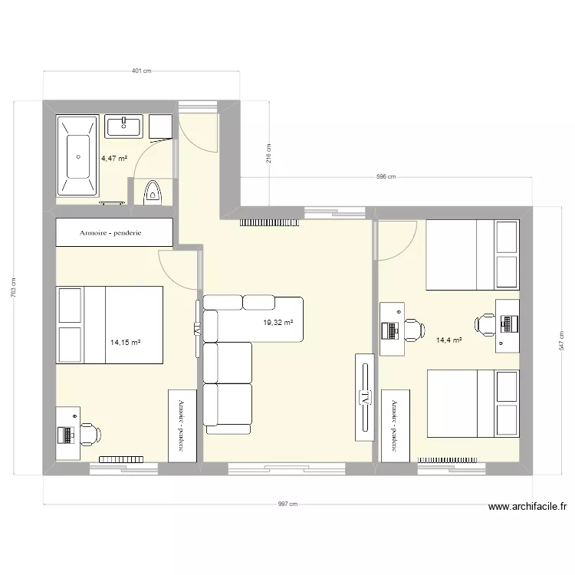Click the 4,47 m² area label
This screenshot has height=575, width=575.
tap(114, 158)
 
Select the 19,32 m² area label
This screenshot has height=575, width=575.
tap(278, 324)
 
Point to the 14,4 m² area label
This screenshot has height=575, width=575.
tap(449, 340)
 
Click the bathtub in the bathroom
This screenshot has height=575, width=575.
tap(77, 157)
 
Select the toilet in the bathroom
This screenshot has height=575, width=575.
tap(153, 193)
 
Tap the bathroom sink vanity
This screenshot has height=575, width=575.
tap(123, 127)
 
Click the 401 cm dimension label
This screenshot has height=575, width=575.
tap(142, 71)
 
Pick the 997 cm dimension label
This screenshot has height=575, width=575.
tap(287, 504)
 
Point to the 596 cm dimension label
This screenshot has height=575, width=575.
tap(386, 177)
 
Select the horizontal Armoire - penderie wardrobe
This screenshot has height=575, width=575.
tap(114, 232)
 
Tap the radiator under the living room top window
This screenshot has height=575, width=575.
tap(272, 223)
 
